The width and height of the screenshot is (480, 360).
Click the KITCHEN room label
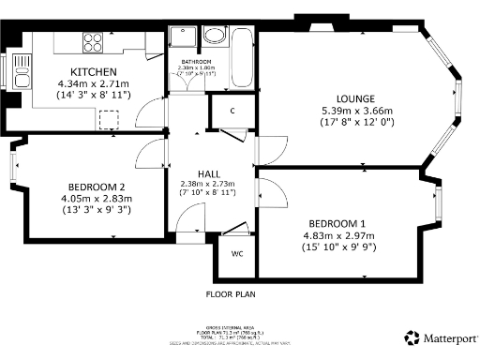[93, 72]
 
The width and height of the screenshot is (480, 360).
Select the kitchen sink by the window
[20, 67]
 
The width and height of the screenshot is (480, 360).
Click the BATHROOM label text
[197, 62]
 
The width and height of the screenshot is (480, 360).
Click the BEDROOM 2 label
[91, 187]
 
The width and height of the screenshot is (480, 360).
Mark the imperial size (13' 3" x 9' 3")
[91, 210]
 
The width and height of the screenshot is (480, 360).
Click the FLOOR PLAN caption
[230, 293]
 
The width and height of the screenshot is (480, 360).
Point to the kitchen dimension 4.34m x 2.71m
[93, 83]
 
